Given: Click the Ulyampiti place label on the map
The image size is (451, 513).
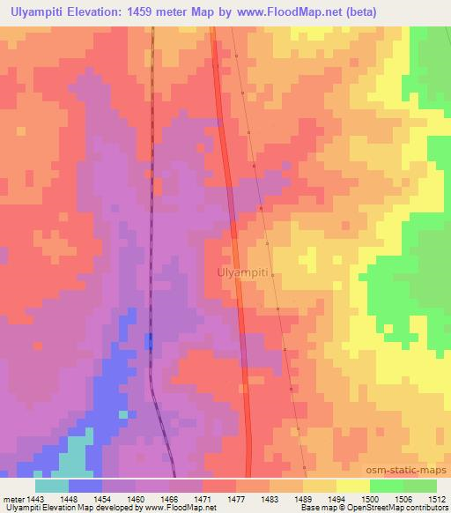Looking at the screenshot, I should tap(241, 273).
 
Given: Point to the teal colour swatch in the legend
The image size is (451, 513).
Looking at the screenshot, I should tap(51, 486).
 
